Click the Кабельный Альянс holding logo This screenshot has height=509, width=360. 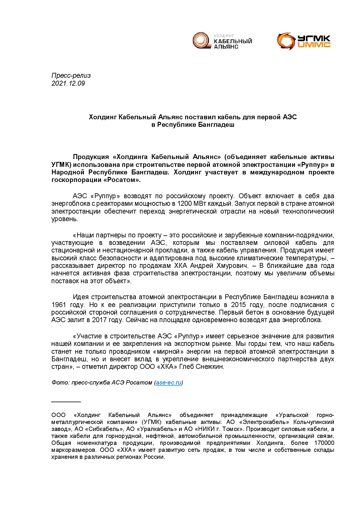(x=222, y=41)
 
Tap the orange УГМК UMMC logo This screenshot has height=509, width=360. (x=304, y=41)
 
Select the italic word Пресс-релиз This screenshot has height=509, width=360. (x=71, y=75)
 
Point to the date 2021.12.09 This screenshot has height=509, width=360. (x=68, y=83)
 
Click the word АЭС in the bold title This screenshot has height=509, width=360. (x=290, y=117)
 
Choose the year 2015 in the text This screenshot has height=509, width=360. (x=238, y=305)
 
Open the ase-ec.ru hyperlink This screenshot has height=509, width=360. (x=168, y=382)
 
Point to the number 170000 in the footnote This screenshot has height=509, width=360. (x=324, y=443)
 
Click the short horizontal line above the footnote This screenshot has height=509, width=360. (x=66, y=402)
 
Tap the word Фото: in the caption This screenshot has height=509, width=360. (x=60, y=382)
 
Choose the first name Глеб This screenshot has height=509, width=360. (x=186, y=367)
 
